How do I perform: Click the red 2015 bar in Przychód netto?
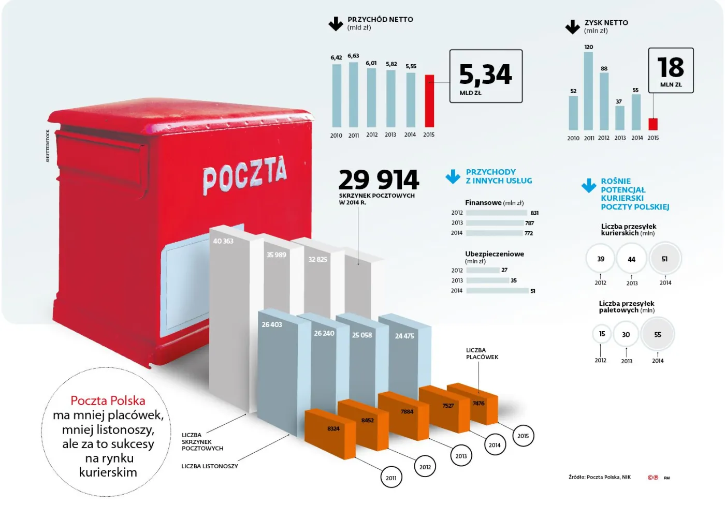pos(429,101)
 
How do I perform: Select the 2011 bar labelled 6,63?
pos(353,95)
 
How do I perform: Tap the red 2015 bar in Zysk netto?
pos(653,124)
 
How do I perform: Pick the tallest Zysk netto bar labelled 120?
pos(588,91)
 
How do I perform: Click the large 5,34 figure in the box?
pos(485,75)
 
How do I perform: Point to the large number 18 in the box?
pos(671,67)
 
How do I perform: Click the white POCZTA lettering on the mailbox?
pos(244,174)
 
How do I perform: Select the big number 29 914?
pos(379,180)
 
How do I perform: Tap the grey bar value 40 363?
pos(223,241)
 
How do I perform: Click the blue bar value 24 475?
pos(404,336)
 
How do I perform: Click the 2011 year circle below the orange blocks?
pos(391,478)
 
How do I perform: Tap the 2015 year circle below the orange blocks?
pos(523,436)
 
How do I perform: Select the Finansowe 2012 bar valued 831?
pos(496,213)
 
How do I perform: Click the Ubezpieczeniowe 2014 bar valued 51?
pos(497,291)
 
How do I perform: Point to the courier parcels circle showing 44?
pos(631,259)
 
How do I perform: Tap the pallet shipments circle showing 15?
pos(602,334)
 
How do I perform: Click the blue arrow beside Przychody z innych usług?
pos(453,176)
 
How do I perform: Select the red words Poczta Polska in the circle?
pos(108,400)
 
